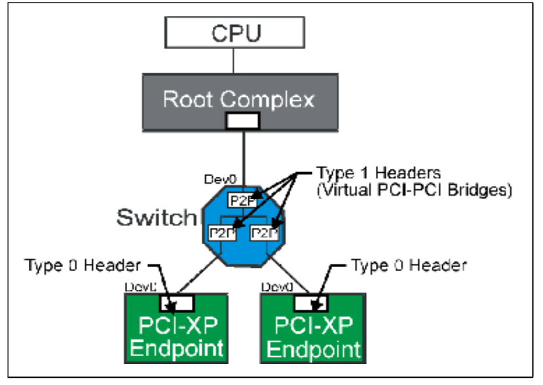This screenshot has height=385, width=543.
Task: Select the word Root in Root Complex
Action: tap(188, 99)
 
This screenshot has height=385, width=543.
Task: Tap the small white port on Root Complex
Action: tap(242, 120)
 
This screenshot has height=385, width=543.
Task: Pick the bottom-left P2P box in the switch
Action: tap(221, 232)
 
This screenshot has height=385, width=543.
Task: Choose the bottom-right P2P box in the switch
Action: tap(265, 232)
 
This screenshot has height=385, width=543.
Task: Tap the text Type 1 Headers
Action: tap(378, 174)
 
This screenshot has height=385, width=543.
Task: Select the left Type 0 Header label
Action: tap(82, 265)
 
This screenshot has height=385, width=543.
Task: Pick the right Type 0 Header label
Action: tap(409, 265)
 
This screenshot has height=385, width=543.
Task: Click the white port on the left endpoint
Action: tap(177, 302)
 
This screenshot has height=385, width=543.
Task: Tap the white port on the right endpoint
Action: tap(313, 302)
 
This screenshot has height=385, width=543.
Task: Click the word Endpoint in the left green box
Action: tap(176, 348)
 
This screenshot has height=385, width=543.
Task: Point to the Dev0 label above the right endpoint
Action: tap(276, 287)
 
